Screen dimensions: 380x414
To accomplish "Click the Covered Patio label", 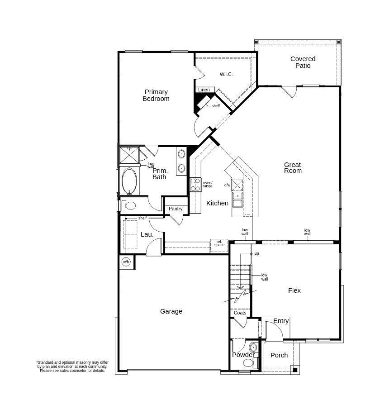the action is click(303, 62).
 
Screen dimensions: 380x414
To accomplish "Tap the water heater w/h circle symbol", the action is click(126, 262).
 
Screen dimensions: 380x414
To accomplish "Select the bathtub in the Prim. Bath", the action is click(129, 181).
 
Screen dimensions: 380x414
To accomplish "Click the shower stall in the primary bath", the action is click(129, 155).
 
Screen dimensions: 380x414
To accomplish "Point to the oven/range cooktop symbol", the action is click(196, 185).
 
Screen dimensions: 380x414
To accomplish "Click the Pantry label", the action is click(176, 209).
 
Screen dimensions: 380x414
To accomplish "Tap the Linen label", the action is click(204, 90).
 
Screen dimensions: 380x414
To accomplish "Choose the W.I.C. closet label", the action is click(226, 75).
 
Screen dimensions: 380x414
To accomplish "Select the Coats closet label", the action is click(240, 313).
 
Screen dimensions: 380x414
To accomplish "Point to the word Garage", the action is click(171, 312).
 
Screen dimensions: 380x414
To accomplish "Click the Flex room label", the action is click(294, 290).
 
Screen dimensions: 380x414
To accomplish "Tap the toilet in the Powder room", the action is click(248, 363).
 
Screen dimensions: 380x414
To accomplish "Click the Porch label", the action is click(279, 355).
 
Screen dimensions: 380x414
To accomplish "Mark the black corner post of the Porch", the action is click(295, 370).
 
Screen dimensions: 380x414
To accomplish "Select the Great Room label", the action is click(293, 168).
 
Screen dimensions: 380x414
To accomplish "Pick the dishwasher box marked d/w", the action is click(237, 185).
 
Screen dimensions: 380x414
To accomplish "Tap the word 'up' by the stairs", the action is click(256, 254).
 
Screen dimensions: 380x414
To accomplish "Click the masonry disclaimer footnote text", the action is click(72, 366).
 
